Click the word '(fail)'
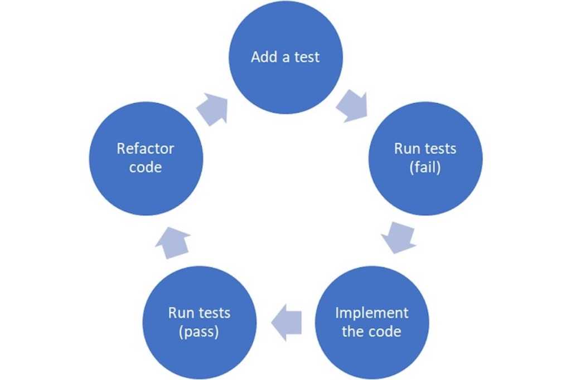point(425,167)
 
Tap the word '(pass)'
point(199,332)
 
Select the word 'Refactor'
point(146,149)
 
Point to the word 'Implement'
point(371,313)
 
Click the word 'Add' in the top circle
point(263,57)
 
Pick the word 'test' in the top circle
point(307,57)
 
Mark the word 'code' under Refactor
point(146,167)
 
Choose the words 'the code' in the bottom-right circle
point(371,332)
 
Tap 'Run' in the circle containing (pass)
point(180,313)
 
